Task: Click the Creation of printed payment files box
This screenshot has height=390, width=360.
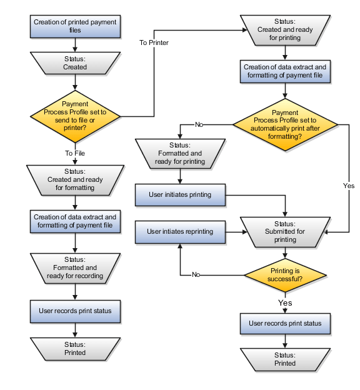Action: pos(75,26)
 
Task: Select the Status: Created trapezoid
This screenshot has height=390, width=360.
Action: pos(75,63)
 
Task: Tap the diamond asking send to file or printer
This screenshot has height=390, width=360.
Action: pos(75,116)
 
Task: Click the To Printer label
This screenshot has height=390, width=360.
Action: pos(154,42)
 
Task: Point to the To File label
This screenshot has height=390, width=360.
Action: pos(75,153)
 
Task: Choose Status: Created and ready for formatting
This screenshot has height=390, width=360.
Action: pos(75,179)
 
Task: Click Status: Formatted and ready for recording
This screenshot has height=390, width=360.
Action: pos(75,267)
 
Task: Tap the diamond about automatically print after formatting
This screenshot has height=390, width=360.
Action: pos(285,124)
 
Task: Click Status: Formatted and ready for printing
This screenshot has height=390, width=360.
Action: pos(179,153)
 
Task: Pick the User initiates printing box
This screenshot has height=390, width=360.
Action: pos(179,194)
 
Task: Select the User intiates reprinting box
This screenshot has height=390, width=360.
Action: pos(179,231)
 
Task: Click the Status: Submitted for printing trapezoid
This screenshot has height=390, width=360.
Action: pos(285,231)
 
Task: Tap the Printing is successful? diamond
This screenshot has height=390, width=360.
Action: pos(285,275)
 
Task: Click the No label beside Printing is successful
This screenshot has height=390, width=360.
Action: pos(196,274)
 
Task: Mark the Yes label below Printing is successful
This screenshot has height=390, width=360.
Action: pos(285,302)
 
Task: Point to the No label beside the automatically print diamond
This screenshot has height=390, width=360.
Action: pos(199,124)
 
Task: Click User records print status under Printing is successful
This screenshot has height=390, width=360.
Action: pos(285,323)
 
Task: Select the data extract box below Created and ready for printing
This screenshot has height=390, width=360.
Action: pos(285,71)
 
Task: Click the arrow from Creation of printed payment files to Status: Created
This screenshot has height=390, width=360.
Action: pos(75,44)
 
